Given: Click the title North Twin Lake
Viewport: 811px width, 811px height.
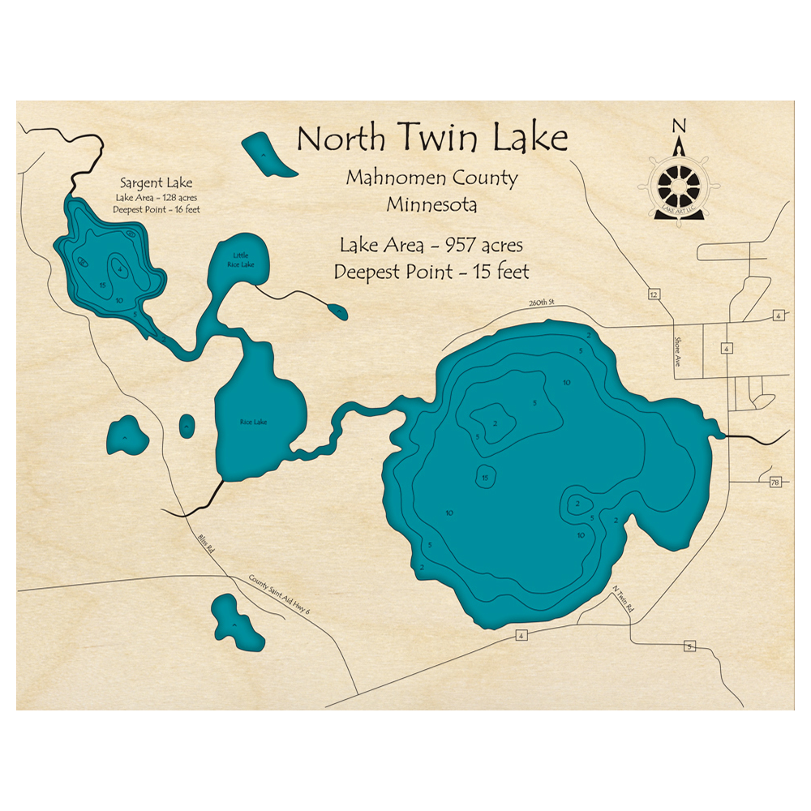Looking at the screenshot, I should tap(431, 138).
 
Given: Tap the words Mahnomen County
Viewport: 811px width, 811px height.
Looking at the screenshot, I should tap(431, 178).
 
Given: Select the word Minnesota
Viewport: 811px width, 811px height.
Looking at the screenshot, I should tap(431, 204).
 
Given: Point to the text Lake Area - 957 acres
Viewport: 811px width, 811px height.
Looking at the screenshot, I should tap(431, 244).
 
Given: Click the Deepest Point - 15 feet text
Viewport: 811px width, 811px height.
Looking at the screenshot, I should tap(431, 272).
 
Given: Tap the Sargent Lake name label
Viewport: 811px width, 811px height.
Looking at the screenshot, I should tap(157, 182).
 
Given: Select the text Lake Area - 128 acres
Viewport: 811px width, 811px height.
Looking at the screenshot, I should tap(157, 197).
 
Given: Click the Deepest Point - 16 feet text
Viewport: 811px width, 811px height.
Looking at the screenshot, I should tap(157, 210).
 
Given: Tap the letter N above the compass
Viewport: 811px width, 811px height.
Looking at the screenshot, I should tap(680, 126).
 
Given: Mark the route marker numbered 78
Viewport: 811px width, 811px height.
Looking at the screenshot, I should tap(775, 483).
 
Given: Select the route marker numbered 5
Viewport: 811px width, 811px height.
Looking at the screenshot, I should tap(690, 646).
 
